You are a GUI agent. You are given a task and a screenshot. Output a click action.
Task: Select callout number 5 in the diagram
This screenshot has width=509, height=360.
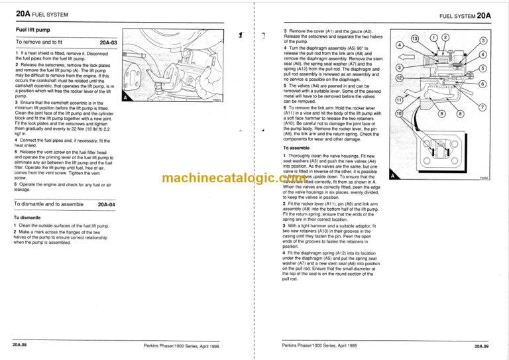(x=483, y=68)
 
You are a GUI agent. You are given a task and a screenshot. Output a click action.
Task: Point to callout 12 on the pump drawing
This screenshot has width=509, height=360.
(x=399, y=78)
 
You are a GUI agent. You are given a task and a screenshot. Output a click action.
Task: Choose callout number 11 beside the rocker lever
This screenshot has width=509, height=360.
(x=399, y=99)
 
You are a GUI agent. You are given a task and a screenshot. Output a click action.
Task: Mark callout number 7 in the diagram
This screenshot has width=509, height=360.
(x=483, y=107)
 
